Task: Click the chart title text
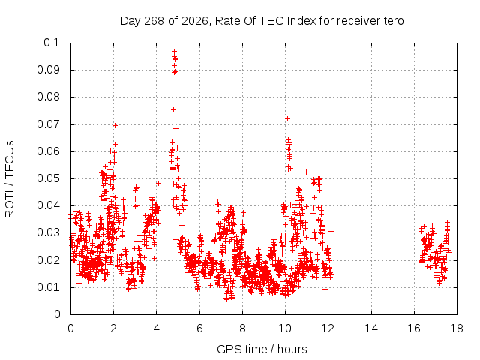point(262,21)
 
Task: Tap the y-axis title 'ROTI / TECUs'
point(10,179)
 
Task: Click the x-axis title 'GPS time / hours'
point(262,349)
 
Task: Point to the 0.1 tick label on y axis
point(52,43)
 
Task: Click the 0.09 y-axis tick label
point(48,70)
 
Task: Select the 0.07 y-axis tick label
point(48,124)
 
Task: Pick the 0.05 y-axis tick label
point(48,178)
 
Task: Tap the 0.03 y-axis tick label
point(48,232)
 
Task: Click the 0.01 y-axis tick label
point(48,287)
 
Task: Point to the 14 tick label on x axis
point(371,328)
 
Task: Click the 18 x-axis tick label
point(457,328)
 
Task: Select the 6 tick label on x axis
point(199,328)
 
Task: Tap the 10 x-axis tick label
point(285,328)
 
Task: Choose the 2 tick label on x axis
point(113,328)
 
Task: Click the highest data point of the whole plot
point(175,52)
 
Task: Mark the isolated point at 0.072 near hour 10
point(287,118)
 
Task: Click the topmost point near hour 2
point(115,125)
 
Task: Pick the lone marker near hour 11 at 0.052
point(306,172)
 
